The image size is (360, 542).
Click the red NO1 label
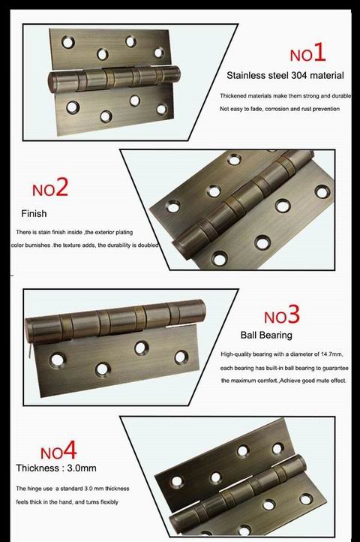coord(307,53)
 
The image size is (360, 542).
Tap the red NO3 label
coord(281,314)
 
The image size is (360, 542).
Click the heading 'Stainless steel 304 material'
coord(285,76)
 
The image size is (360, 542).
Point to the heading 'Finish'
coord(34,213)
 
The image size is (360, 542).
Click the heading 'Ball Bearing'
coord(265,335)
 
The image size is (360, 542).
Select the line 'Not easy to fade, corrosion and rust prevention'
coord(280,110)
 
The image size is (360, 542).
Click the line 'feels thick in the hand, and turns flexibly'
coord(67,501)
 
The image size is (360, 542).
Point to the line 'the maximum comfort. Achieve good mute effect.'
coord(283,381)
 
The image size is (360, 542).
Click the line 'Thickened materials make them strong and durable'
coord(285,97)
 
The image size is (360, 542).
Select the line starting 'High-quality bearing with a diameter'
coord(281,354)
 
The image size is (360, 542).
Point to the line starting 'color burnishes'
coord(84,245)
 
